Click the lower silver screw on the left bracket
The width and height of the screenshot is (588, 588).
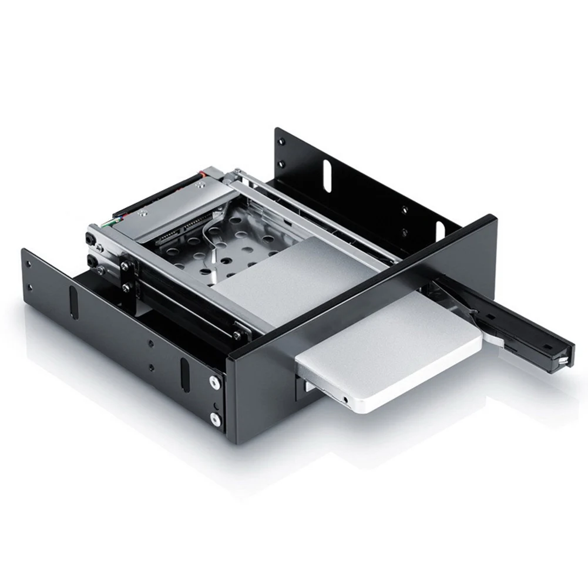[x=214, y=419]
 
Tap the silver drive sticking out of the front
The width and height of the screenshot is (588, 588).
[x=388, y=352]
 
